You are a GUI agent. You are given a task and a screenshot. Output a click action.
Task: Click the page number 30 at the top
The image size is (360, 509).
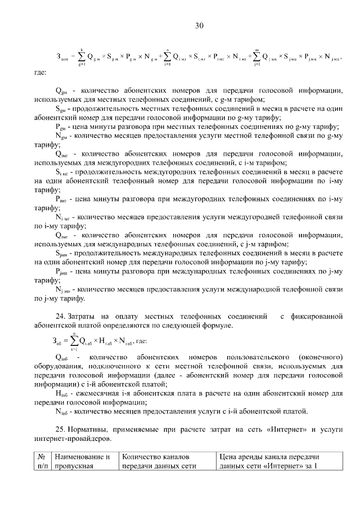click(199, 25)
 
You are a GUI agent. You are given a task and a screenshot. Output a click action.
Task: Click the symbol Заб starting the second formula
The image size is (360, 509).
click(58, 341)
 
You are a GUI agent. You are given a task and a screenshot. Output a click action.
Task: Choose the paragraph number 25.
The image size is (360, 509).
click(60, 429)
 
